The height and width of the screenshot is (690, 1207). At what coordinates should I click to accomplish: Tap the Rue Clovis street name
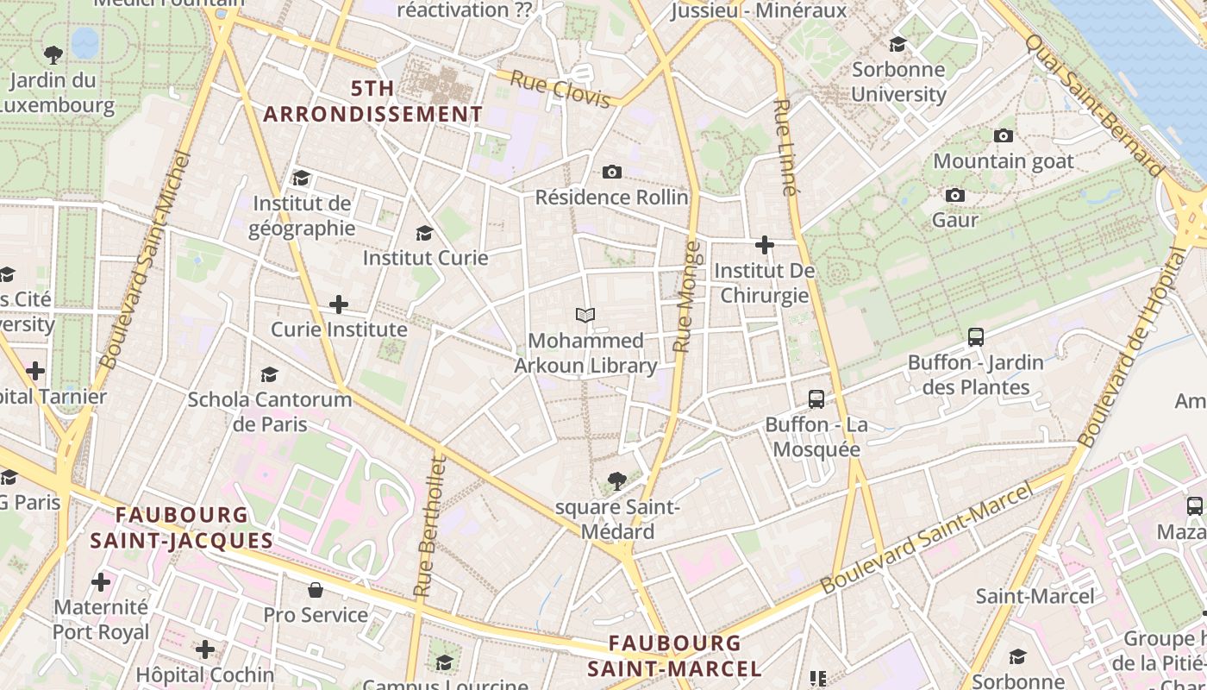[x=560, y=89]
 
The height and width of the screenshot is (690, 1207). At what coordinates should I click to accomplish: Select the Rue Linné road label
[x=784, y=147]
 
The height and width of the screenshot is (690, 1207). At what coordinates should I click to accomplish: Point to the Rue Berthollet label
[x=428, y=527]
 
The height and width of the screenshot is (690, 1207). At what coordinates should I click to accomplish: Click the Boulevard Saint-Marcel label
[x=927, y=538]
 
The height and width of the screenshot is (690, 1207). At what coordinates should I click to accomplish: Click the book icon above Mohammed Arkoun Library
[x=585, y=316]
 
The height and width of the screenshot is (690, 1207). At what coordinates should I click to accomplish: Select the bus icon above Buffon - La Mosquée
[x=816, y=399]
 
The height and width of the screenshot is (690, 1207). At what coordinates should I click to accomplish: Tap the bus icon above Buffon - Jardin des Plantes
[x=976, y=337]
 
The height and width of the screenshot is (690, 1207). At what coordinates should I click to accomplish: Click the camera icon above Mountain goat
[x=1004, y=136]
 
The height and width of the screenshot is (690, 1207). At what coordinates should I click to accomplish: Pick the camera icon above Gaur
[x=955, y=196]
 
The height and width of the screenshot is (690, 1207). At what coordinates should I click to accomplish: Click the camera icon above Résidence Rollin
[x=612, y=172]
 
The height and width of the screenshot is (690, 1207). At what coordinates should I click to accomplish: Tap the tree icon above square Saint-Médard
[x=616, y=481]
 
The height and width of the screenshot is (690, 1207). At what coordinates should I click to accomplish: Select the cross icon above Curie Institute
[x=339, y=304]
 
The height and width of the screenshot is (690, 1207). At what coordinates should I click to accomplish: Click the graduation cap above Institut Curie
[x=424, y=233]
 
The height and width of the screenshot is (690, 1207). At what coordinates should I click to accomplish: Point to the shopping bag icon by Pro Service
[x=316, y=590]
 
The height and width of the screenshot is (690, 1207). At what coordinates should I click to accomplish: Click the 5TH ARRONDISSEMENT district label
[x=373, y=102]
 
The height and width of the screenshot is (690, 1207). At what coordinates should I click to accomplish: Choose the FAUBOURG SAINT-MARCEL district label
[x=674, y=655]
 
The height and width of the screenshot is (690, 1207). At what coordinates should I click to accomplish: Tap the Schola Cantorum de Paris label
[x=270, y=411]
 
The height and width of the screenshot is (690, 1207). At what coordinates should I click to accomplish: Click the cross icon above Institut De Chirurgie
[x=764, y=245]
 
